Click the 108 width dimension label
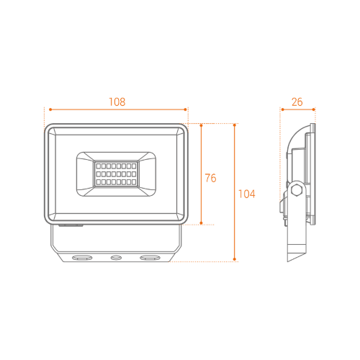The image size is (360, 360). pos(117,102)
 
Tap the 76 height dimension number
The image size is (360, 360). pos(210,178)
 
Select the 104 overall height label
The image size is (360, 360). pos(247,194)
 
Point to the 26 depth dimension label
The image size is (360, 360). pos(297,102)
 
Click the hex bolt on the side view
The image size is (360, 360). pos(297,190)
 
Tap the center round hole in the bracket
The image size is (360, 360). pos(116,258)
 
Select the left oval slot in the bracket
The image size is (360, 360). pos(82,258)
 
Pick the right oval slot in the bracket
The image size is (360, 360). pos(150,258)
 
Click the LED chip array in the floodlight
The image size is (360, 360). pos(116,174)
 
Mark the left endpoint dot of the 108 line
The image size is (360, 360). pos(50,109)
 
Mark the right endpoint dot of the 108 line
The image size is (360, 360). pos(185,109)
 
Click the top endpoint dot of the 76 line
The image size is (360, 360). pos(201,125)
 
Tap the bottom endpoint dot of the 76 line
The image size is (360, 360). pos(201,223)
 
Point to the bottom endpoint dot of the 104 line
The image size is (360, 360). pos(235,259)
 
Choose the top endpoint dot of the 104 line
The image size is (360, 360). pos(235,125)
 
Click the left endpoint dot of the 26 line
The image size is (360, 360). pos(283,109)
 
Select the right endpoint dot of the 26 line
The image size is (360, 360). pos(314,109)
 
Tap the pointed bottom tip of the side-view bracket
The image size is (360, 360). pos(288,261)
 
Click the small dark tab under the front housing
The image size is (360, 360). pos(71,225)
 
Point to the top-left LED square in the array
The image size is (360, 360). pos(99,166)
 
